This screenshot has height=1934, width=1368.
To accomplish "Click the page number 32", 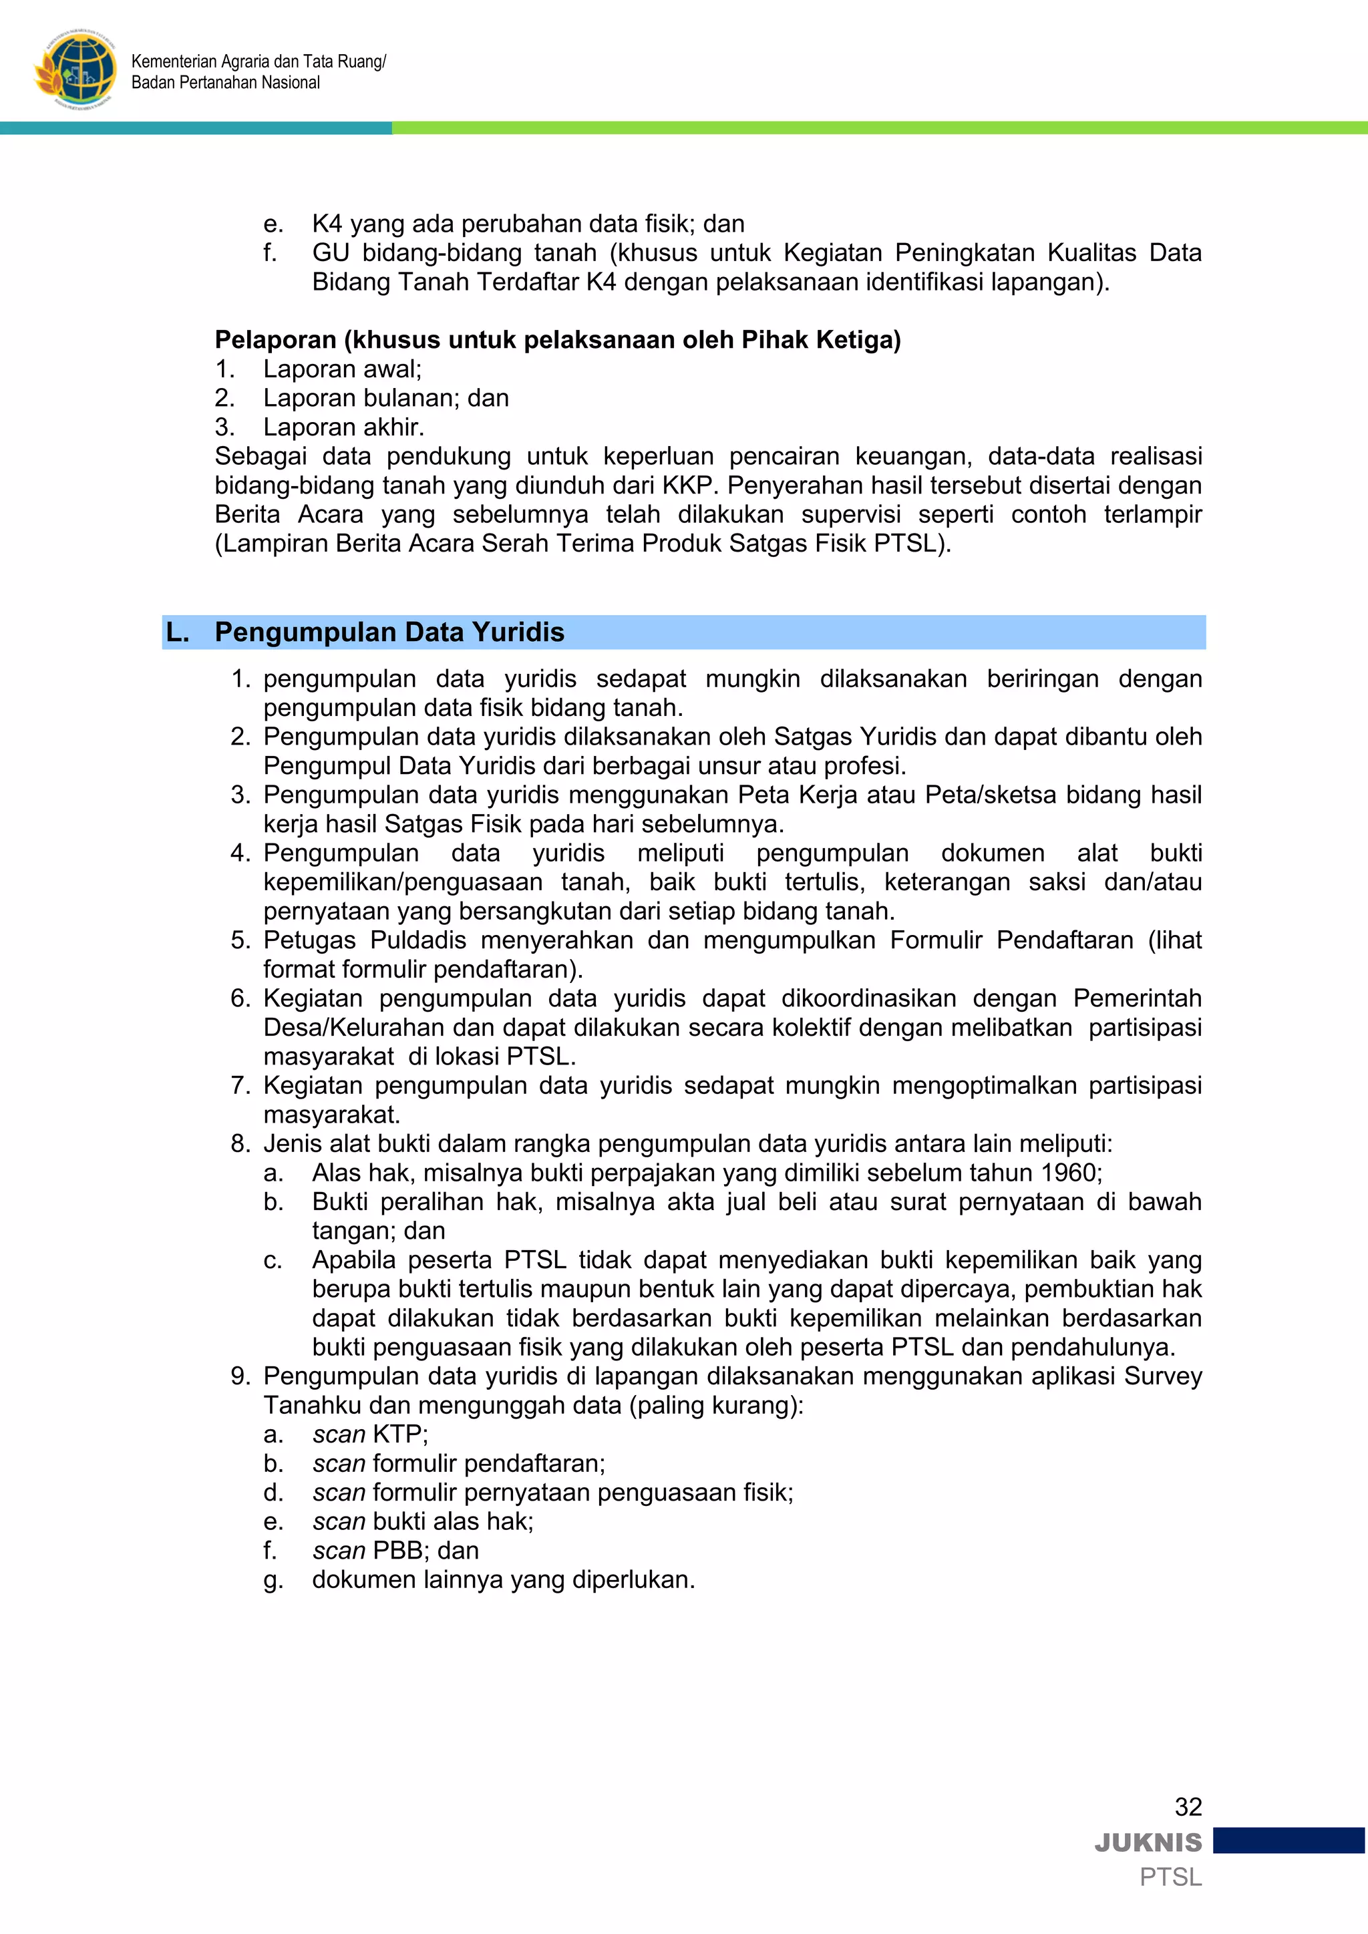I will point(1188,1807).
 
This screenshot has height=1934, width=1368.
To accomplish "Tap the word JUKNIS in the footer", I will point(1148,1843).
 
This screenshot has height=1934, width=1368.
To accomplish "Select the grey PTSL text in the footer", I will point(1170,1877).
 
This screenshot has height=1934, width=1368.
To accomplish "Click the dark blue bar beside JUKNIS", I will point(1289,1841).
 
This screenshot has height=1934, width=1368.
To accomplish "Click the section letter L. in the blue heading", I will point(178,632).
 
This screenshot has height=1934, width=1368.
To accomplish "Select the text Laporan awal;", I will point(342,369).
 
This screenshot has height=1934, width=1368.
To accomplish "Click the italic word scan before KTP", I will point(339,1434).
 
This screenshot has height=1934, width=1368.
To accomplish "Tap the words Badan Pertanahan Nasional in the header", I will point(226,83).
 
